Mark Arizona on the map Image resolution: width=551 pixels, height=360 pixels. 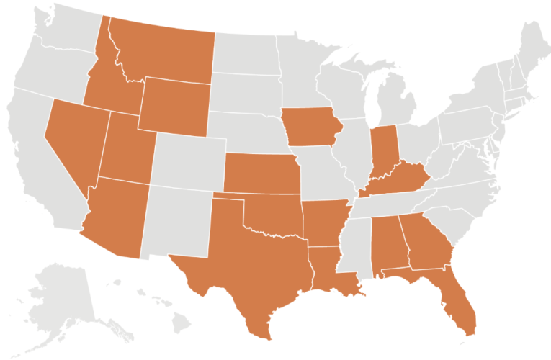115,216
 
